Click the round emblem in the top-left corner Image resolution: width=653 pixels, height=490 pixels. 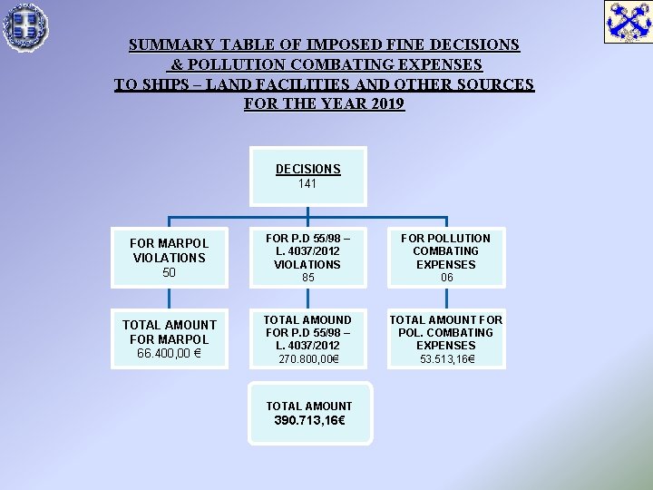(25, 25)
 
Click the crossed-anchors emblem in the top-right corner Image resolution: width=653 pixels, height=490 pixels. (628, 22)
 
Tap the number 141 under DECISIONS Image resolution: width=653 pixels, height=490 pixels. (307, 183)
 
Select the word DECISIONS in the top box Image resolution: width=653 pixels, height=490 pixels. (308, 169)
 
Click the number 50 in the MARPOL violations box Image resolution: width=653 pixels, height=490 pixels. (169, 272)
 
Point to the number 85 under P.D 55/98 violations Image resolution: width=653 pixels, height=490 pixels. (307, 278)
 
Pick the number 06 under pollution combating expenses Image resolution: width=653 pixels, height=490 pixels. (446, 278)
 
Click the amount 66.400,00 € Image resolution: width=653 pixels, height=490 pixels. (170, 353)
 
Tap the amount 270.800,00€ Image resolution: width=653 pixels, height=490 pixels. (308, 359)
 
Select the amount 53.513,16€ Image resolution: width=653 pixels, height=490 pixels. (445, 359)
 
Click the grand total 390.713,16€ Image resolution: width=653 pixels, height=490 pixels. (309, 421)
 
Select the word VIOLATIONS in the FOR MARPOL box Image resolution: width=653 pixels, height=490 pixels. (169, 258)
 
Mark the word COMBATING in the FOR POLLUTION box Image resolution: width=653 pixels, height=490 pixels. (445, 251)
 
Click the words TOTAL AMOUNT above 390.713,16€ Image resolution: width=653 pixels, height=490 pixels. (308, 406)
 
